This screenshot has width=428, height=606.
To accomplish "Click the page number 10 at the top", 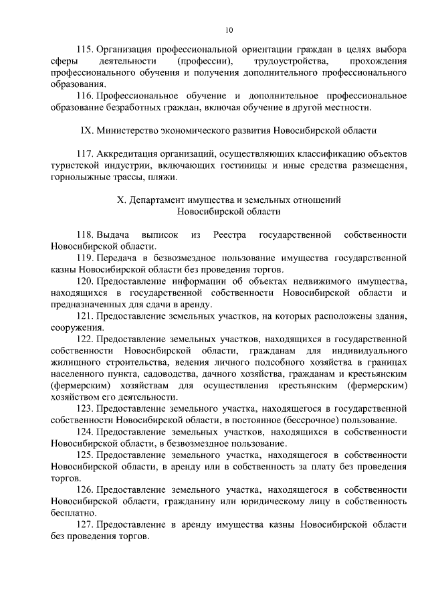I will [229, 30].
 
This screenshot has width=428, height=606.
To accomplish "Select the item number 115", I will [86, 50].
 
